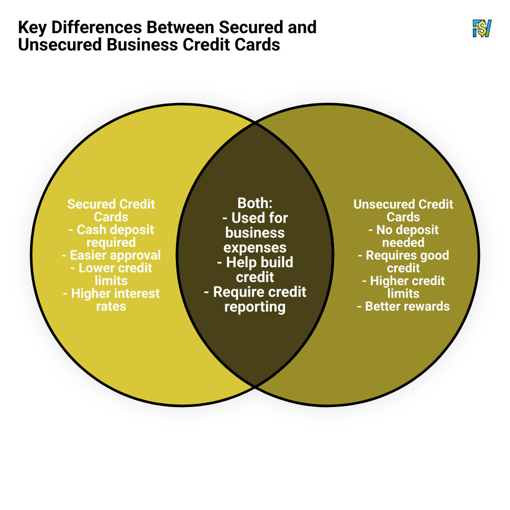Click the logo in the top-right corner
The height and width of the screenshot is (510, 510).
[481, 29]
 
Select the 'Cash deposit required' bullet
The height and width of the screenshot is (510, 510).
[111, 236]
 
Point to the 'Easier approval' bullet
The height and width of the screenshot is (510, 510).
[111, 255]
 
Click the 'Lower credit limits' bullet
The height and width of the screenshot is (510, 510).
[111, 274]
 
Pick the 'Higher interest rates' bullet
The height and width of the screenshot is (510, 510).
[111, 300]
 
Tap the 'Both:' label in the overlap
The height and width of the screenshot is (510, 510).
[254, 203]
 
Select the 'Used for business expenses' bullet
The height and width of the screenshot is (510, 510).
[254, 233]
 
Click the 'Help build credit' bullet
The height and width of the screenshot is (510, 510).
[254, 269]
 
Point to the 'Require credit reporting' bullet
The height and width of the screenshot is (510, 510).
[254, 299]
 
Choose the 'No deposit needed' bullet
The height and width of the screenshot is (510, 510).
[403, 236]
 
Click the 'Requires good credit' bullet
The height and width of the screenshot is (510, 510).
[403, 261]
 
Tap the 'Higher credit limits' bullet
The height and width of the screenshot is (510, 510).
[403, 287]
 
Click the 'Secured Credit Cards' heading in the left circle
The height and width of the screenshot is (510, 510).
[111, 210]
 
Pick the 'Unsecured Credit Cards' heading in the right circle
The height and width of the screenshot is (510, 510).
[403, 210]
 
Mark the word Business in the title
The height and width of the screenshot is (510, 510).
[141, 44]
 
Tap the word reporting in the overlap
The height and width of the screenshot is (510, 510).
[254, 307]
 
